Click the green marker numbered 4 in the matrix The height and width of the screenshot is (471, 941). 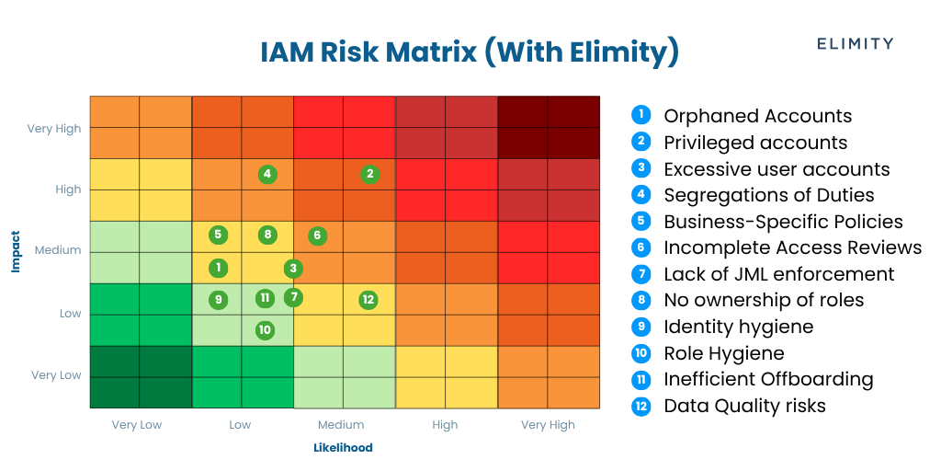click(x=266, y=174)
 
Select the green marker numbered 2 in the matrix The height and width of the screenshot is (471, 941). click(x=369, y=174)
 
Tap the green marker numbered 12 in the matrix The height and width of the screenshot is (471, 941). click(x=368, y=299)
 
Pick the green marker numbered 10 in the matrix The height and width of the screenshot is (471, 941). click(x=265, y=329)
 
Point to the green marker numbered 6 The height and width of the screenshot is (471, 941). click(x=317, y=235)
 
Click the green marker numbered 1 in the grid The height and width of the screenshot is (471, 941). click(x=218, y=268)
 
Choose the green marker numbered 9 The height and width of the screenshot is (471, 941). click(x=218, y=299)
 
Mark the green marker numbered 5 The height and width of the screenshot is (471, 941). click(x=218, y=235)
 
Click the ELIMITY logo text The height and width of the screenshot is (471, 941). click(x=855, y=43)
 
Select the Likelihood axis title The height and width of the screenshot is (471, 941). click(x=343, y=448)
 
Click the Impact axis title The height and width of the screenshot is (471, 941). click(x=16, y=251)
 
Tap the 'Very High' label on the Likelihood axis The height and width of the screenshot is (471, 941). click(x=547, y=425)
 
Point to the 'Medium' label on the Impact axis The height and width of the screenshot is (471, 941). click(x=58, y=250)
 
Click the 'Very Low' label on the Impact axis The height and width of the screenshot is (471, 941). click(x=56, y=375)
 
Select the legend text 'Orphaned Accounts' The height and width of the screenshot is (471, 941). click(x=757, y=117)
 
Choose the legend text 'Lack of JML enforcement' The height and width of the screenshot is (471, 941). click(x=778, y=274)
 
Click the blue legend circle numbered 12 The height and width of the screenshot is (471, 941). click(x=641, y=406)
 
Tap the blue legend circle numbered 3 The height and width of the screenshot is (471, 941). click(x=641, y=168)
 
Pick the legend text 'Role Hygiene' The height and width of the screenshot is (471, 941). click(x=723, y=353)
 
